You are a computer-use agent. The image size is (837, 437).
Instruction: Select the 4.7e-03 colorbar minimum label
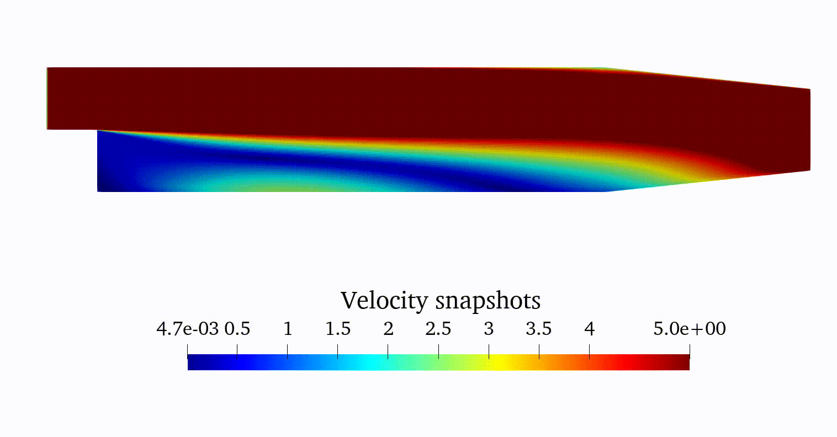(x=187, y=329)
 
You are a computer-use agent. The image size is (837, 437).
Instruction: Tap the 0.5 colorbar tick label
(x=237, y=329)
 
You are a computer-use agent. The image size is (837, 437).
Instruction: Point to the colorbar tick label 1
(x=287, y=329)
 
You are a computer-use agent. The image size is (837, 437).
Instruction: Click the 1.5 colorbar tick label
(x=338, y=329)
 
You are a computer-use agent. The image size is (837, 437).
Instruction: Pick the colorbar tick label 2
(x=388, y=329)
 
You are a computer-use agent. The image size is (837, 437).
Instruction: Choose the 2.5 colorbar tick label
(x=438, y=329)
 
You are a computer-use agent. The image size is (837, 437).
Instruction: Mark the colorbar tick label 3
(x=489, y=329)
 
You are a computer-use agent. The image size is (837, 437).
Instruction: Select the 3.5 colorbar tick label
(x=539, y=329)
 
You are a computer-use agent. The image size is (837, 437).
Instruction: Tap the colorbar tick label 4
(x=589, y=329)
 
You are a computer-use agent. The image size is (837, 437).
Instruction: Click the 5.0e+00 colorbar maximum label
(x=690, y=329)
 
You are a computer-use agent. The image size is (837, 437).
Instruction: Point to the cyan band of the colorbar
(x=364, y=363)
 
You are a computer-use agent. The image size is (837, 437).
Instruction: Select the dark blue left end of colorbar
(x=193, y=363)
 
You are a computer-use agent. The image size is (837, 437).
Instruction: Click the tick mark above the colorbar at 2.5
(x=438, y=351)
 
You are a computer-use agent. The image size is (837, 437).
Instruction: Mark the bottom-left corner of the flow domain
(x=98, y=191)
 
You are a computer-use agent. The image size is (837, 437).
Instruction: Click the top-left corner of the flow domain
(x=47, y=68)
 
